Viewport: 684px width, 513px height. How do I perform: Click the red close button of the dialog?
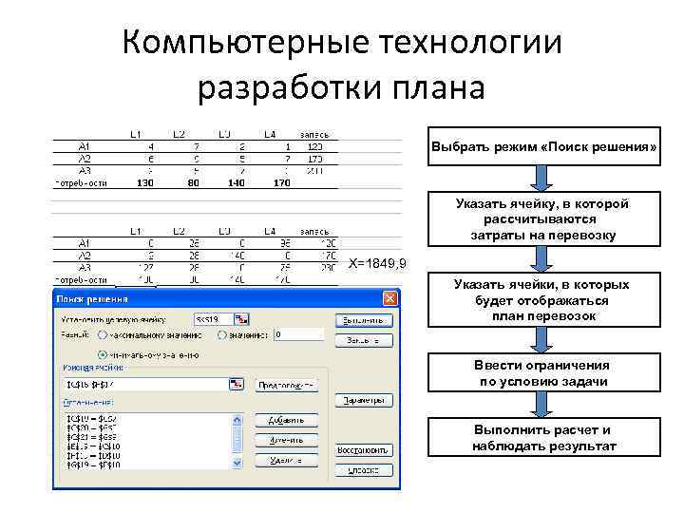pos(389,298)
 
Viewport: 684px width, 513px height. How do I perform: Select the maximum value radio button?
pos(101,334)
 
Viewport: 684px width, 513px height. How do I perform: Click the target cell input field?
pos(213,318)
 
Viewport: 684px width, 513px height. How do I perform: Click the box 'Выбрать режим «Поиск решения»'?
pos(544,147)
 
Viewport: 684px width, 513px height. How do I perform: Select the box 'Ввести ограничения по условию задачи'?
pos(543,373)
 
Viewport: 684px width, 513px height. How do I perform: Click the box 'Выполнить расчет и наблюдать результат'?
pos(543,438)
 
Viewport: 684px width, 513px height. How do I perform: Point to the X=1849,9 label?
pos(378,264)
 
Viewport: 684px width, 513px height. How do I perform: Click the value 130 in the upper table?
pos(145,182)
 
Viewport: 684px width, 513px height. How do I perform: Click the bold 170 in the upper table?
pos(281,182)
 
